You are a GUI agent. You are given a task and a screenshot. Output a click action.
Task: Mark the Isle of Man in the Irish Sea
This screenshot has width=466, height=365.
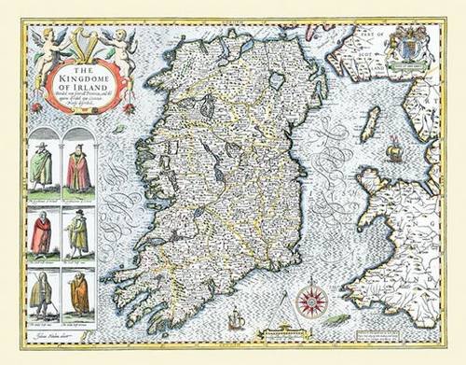(372, 123)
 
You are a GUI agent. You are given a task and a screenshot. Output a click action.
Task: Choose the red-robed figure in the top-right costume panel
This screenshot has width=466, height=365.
(78, 170)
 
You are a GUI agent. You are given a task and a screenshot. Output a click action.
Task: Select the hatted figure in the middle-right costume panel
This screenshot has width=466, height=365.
(78, 232)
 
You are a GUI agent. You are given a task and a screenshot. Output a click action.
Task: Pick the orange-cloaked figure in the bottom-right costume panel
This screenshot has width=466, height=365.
(79, 293)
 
